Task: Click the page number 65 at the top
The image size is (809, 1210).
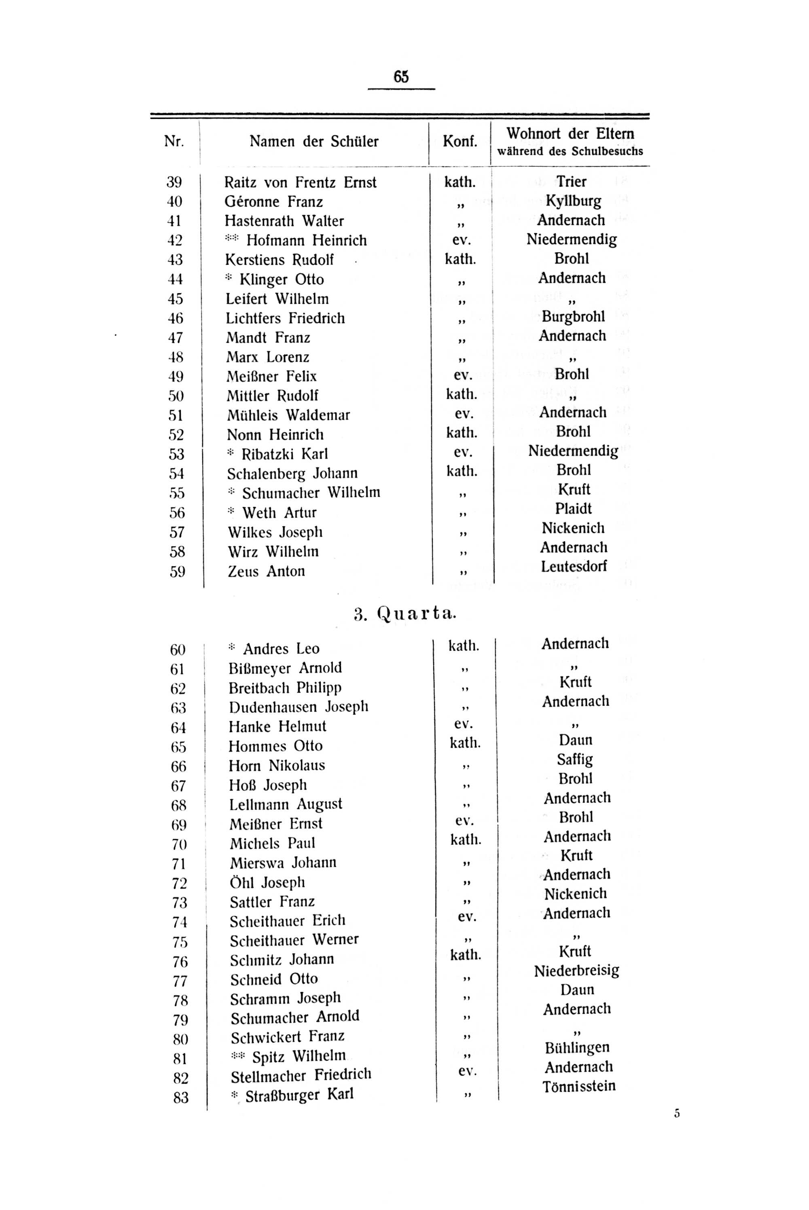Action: point(401,77)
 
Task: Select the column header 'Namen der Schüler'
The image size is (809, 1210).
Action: point(314,141)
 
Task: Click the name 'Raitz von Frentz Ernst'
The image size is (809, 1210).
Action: point(300,182)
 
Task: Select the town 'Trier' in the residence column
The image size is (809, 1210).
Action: point(571,182)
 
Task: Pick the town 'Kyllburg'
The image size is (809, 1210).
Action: point(573,201)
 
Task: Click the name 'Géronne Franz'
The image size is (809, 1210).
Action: point(273,202)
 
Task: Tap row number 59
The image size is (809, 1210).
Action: point(178,572)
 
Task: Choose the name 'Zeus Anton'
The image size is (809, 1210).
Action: point(266,571)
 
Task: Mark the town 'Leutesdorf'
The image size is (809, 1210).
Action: point(574,566)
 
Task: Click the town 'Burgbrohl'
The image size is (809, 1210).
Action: point(573,317)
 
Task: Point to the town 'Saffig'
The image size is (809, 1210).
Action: point(575,759)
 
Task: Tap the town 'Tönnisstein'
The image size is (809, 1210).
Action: point(579,1087)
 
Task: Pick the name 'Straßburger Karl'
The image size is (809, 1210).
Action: point(299,1095)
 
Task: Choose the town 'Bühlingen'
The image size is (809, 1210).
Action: point(577,1047)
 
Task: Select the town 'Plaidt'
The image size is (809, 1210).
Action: point(573,509)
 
